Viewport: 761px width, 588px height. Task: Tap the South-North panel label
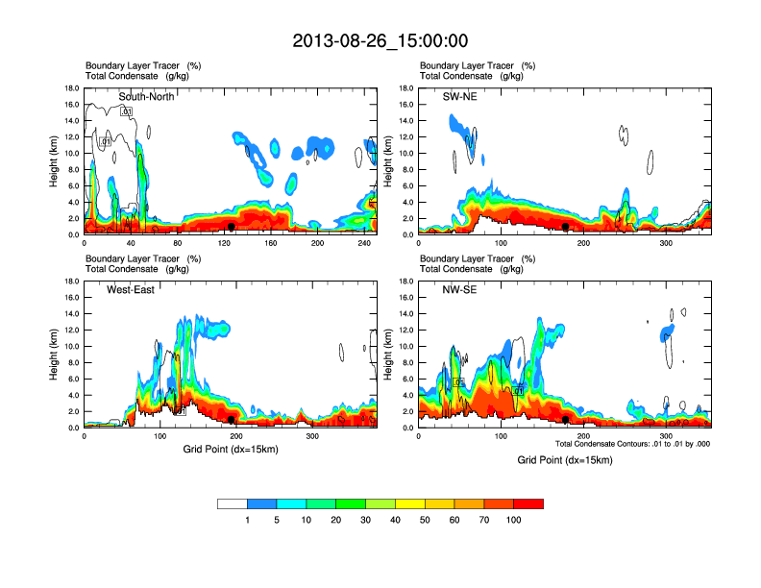point(147,96)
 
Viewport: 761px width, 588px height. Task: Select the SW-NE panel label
point(461,96)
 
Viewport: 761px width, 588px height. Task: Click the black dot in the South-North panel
point(232,227)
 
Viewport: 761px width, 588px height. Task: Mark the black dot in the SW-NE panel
point(566,227)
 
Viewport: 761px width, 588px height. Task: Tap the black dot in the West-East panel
point(232,420)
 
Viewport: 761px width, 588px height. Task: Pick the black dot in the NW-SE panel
point(566,420)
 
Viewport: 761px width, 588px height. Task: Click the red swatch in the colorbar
point(528,503)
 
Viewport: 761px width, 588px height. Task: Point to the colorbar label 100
point(514,520)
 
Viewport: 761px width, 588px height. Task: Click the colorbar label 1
point(248,520)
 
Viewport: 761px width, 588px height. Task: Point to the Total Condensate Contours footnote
point(632,444)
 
